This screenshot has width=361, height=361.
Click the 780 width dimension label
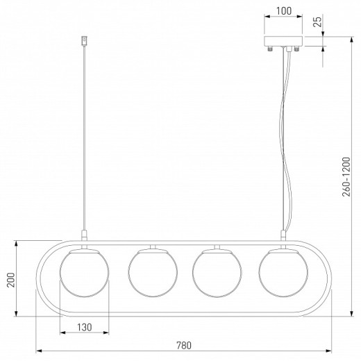click(184, 346)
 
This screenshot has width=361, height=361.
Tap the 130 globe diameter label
click(85, 327)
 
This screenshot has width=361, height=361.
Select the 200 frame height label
click(10, 280)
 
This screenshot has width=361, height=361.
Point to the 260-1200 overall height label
click(346, 177)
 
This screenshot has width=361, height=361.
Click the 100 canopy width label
click(284, 11)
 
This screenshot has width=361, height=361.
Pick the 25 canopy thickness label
click(318, 22)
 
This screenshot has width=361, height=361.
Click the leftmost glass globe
click(84, 273)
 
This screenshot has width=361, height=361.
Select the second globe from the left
click(153, 273)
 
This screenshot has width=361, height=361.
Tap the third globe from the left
click(217, 273)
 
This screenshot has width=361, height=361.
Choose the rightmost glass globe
click(283, 273)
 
